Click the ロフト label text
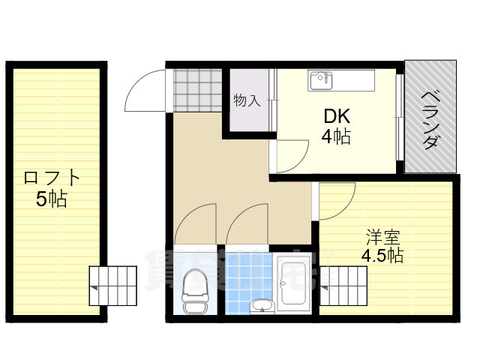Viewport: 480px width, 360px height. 52,178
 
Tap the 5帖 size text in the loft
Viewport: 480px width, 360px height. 52,199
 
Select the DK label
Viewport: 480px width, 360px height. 337,116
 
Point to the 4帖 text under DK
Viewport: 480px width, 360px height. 337,136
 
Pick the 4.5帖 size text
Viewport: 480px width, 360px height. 382,256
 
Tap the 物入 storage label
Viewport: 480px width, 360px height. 247,100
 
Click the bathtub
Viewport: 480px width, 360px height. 294,286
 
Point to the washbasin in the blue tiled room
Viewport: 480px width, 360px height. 261,305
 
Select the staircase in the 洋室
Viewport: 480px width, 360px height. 344,287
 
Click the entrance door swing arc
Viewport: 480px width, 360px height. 144,90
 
